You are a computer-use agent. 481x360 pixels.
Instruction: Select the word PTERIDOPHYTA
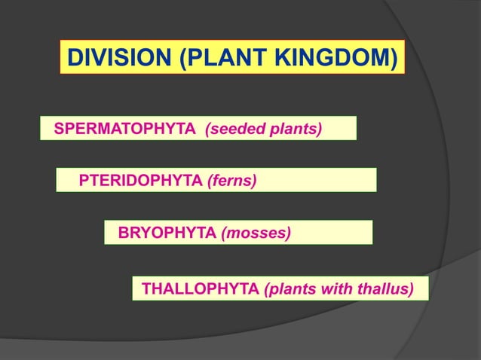(x=140, y=181)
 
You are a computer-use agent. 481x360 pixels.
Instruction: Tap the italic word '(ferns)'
(x=231, y=181)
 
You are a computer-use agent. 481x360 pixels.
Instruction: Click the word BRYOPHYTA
(x=167, y=233)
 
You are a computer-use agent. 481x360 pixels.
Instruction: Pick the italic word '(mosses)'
(x=256, y=233)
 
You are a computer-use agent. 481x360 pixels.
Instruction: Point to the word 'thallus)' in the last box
(x=388, y=288)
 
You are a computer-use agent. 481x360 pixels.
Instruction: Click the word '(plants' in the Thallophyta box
(x=290, y=288)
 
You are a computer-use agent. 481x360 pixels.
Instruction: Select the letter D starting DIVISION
(x=74, y=57)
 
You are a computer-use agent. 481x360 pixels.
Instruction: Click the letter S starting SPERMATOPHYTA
(x=58, y=130)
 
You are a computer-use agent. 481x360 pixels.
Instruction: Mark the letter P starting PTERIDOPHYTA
(x=84, y=181)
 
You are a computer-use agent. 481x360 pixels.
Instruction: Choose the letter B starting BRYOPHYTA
(x=124, y=233)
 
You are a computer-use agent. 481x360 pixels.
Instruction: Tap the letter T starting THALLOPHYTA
(x=146, y=288)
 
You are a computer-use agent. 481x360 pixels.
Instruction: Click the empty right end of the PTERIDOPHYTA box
(x=332, y=181)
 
